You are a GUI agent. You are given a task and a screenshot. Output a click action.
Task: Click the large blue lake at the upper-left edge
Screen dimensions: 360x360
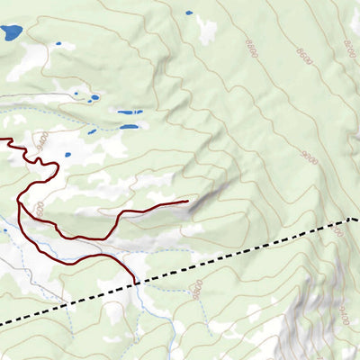11,33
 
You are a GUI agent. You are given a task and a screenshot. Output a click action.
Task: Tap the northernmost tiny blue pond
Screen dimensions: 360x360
188,13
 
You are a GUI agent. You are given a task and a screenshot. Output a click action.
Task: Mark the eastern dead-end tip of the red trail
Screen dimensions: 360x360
186,202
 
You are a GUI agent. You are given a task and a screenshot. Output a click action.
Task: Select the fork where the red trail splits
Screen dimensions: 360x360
19,203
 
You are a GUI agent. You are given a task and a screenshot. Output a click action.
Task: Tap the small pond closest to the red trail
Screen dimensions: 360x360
93,130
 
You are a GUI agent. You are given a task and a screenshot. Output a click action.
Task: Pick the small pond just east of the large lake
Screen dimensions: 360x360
58,43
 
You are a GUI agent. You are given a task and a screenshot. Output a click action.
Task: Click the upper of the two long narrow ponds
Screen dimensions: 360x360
130,112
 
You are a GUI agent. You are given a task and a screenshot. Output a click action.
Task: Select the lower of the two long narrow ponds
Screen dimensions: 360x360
129,127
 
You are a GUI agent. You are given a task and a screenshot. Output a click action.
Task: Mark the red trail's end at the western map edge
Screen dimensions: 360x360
2,139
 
